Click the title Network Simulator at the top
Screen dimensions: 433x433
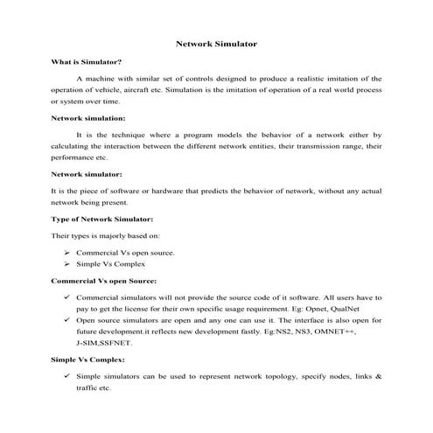click(x=216, y=42)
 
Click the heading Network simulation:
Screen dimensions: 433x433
click(x=88, y=117)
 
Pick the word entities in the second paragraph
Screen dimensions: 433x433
click(x=272, y=146)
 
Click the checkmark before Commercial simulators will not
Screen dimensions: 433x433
click(x=67, y=297)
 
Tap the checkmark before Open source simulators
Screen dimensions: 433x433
click(x=67, y=320)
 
